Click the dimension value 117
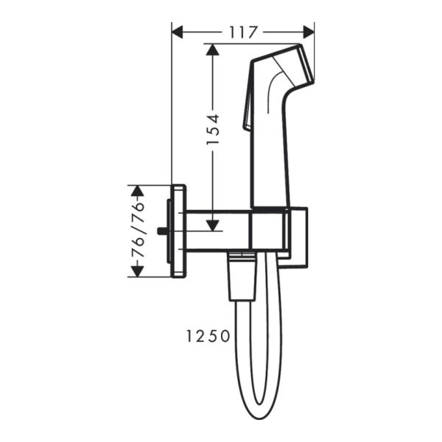tap(242, 32)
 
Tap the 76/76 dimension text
tap(136, 231)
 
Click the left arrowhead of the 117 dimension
tap(178, 32)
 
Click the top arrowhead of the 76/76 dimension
tap(136, 191)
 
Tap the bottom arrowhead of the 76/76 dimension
tap(136, 272)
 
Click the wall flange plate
tap(178, 231)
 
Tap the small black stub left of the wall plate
tap(161, 231)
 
